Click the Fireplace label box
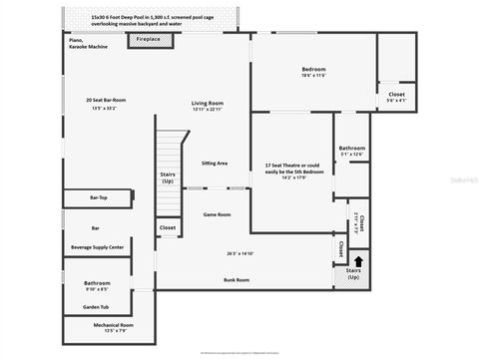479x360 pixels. [150, 40]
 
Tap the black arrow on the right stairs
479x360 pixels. [358, 261]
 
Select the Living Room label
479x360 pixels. [208, 103]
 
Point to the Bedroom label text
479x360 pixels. [314, 69]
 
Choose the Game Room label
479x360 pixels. [217, 214]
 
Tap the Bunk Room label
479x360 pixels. [237, 280]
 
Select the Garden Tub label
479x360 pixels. [97, 306]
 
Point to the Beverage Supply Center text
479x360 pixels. [97, 246]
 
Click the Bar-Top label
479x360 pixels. [99, 197]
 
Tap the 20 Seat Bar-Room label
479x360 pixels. [105, 101]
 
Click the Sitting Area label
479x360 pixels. [215, 163]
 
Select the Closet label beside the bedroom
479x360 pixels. [396, 94]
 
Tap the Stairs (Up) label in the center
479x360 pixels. [168, 177]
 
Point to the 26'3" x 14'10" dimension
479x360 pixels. [239, 253]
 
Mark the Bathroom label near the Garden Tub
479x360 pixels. [97, 282]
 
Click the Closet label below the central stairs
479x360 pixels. [167, 228]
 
